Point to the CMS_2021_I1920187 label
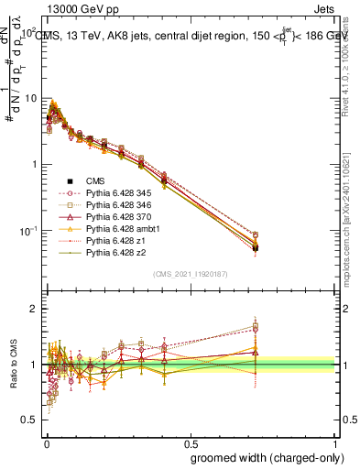[x=190, y=274]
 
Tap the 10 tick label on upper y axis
[x=29, y=99]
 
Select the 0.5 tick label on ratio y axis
[x=29, y=420]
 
